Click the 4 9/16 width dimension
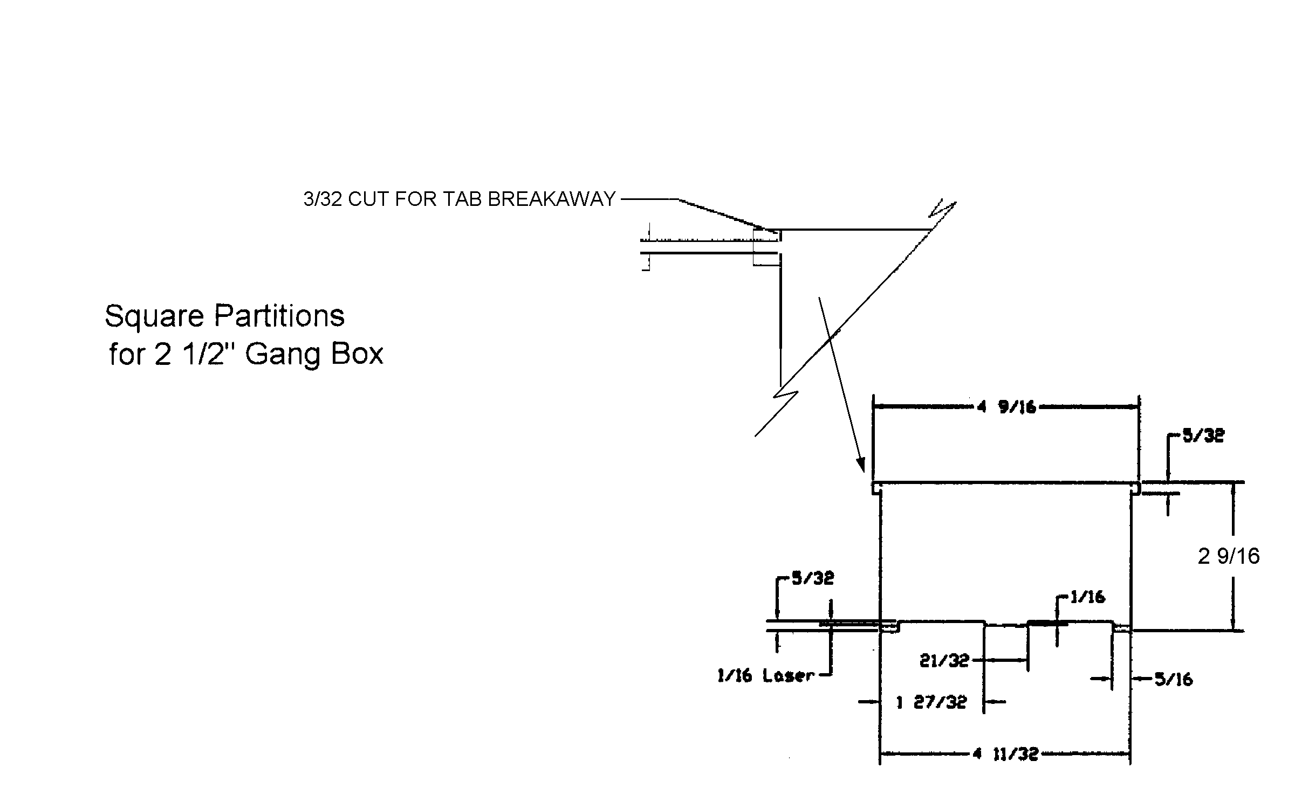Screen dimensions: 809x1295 click(x=1006, y=407)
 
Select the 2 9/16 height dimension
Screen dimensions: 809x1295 click(x=1229, y=556)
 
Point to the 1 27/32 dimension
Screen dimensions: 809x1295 click(x=931, y=702)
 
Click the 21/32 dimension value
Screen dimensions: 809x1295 click(x=944, y=660)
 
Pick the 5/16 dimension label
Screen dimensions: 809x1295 click(x=1173, y=680)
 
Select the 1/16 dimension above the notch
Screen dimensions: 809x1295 click(x=1087, y=597)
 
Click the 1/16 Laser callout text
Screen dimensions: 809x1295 click(x=765, y=675)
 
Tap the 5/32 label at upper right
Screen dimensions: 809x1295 click(x=1203, y=435)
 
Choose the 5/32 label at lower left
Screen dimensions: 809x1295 click(x=812, y=578)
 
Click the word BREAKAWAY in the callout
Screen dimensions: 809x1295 click(x=551, y=199)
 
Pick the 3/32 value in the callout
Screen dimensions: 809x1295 click(x=323, y=199)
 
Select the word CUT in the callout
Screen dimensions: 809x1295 click(x=369, y=199)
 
